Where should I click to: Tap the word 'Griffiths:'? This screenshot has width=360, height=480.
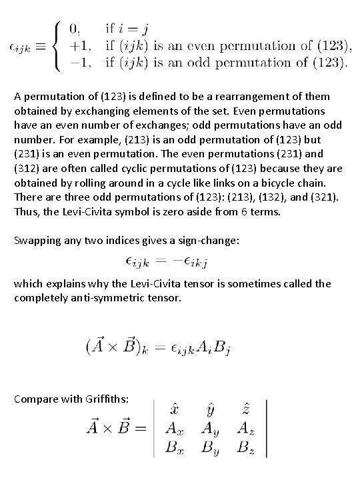click(x=114, y=399)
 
